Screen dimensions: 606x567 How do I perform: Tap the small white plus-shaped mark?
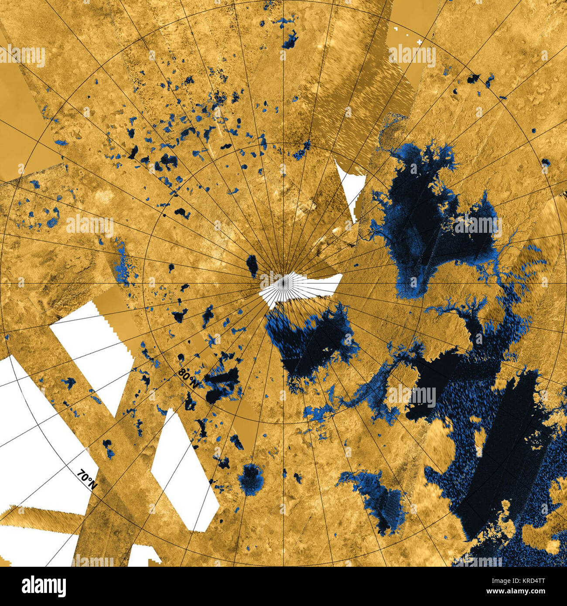(419, 42)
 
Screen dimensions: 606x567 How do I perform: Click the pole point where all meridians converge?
(283, 282)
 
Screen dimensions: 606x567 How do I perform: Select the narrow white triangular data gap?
(349, 187)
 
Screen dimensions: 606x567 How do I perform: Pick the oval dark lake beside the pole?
(252, 266)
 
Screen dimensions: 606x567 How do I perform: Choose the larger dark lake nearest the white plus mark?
(472, 79)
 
